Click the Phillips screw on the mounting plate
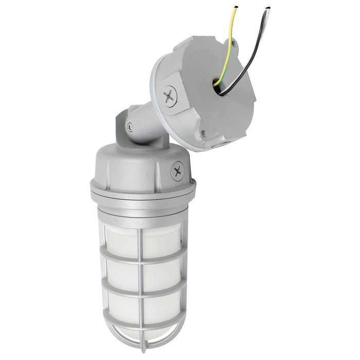coord(169,95)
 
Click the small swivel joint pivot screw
coord(129,125)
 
